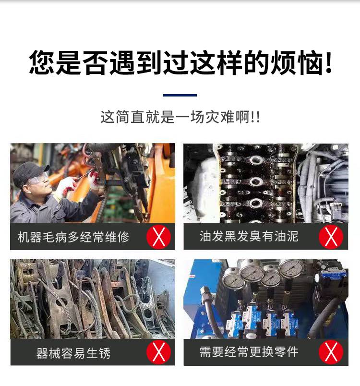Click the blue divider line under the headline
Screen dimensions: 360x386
pyautogui.click(x=180, y=95)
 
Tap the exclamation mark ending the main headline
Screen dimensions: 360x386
pyautogui.click(x=328, y=62)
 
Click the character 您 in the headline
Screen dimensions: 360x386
pyautogui.click(x=42, y=62)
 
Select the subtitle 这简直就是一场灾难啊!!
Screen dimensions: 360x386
pyautogui.click(x=180, y=117)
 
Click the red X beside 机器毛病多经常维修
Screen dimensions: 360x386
pyautogui.click(x=159, y=237)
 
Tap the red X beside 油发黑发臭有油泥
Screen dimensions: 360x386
pyautogui.click(x=331, y=237)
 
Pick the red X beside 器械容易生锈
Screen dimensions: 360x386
pyautogui.click(x=159, y=352)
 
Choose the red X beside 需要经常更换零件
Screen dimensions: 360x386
pyautogui.click(x=331, y=352)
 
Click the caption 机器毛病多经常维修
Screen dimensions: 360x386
pyautogui.click(x=73, y=237)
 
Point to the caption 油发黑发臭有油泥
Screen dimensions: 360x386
pyautogui.click(x=249, y=236)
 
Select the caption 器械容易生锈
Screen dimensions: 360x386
pyautogui.click(x=73, y=353)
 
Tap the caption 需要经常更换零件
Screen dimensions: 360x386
pyautogui.click(x=249, y=352)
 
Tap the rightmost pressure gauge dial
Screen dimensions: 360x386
pyautogui.click(x=291, y=268)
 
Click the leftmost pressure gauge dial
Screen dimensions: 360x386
pyautogui.click(x=232, y=278)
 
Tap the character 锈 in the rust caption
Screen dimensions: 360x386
pyautogui.click(x=104, y=353)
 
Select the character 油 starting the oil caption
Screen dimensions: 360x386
pyautogui.click(x=205, y=236)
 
